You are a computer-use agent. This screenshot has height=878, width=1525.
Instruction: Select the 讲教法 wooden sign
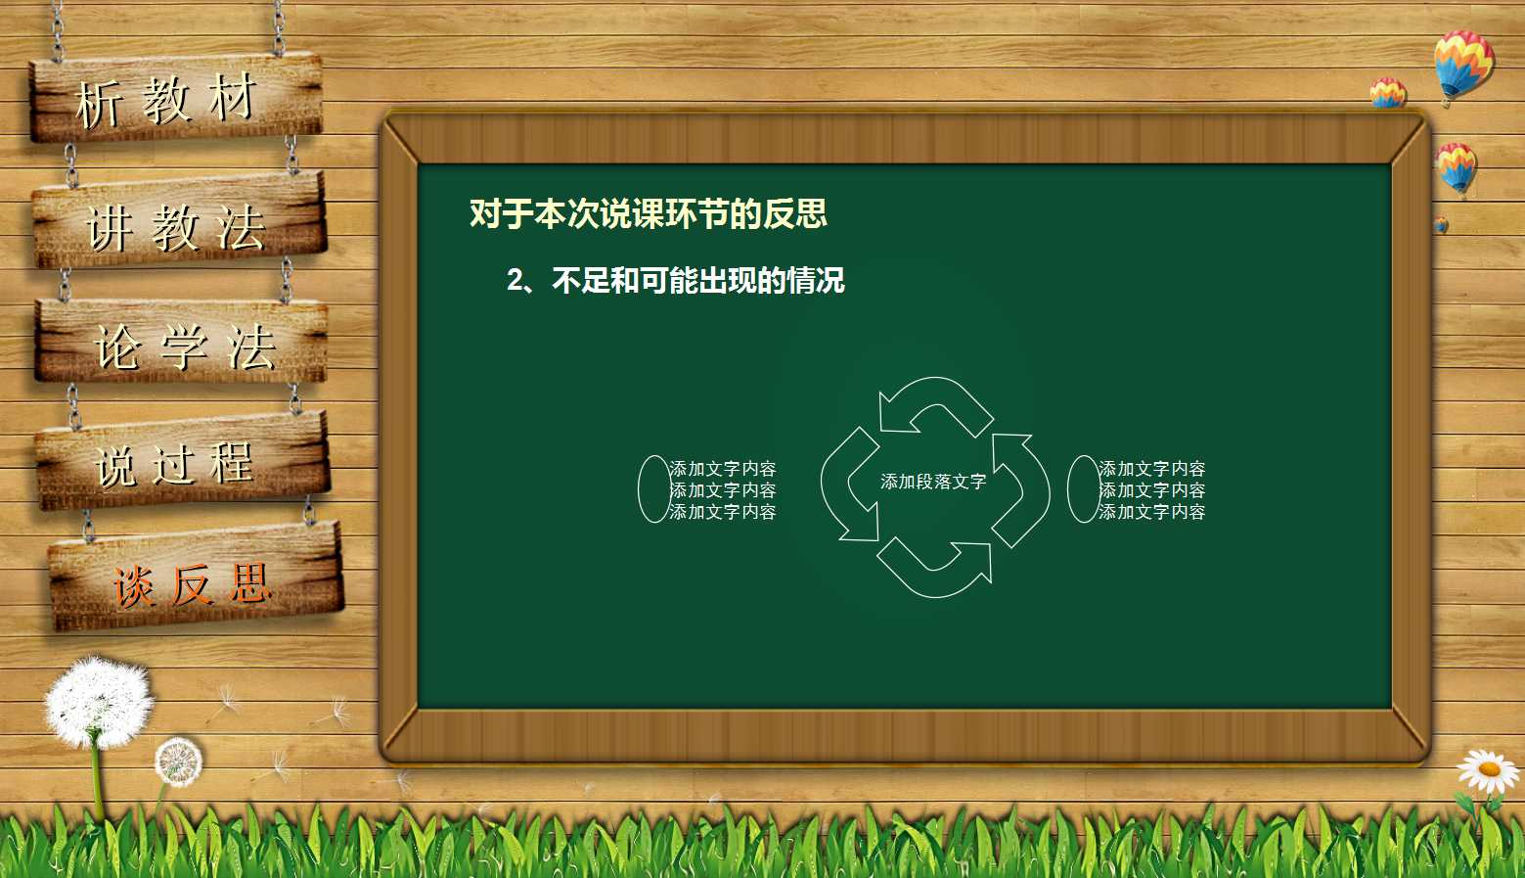click(x=179, y=223)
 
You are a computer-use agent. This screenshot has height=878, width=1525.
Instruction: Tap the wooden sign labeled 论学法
click(x=182, y=343)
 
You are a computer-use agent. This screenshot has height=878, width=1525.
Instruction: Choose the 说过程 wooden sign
click(x=182, y=461)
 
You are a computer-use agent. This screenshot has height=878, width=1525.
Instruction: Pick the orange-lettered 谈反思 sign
click(x=195, y=579)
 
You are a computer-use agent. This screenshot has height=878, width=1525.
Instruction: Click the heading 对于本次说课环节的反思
click(x=648, y=213)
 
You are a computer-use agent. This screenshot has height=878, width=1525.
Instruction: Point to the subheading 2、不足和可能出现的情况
click(x=675, y=281)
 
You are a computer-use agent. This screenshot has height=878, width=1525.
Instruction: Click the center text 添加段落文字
click(x=932, y=482)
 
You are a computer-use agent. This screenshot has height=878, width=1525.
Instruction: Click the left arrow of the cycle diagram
click(x=847, y=487)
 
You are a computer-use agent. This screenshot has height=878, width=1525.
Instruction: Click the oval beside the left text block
click(x=654, y=488)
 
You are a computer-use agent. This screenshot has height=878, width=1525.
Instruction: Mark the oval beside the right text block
click(x=1084, y=488)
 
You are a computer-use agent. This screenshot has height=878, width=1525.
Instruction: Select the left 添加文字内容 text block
click(x=723, y=490)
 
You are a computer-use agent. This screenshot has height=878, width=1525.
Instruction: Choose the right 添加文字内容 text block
click(x=1151, y=490)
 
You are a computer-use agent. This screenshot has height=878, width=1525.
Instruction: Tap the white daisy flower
click(x=1488, y=770)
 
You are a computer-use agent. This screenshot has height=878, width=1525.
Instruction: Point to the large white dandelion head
click(x=98, y=701)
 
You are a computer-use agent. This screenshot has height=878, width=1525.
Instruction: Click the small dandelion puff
click(x=178, y=762)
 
